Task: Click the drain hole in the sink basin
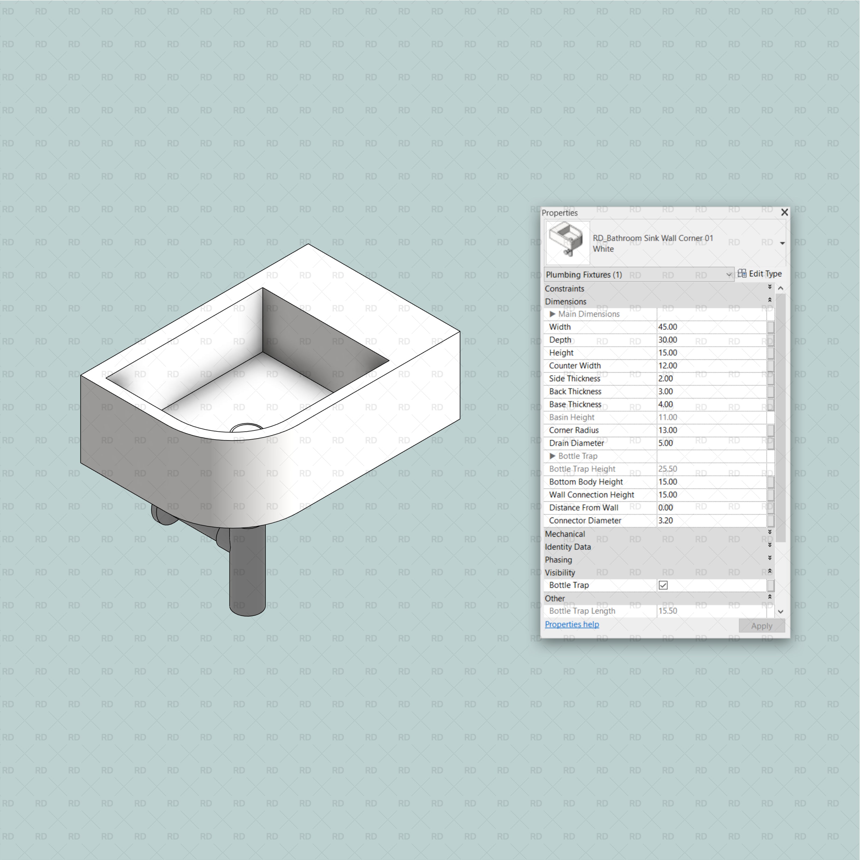tap(246, 428)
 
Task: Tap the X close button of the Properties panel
tap(784, 212)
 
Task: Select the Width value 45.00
tap(668, 327)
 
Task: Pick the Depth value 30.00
tap(668, 340)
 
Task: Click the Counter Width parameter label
tap(575, 365)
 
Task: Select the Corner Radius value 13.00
tap(668, 430)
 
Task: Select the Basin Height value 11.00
tap(668, 417)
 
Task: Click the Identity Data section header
tap(568, 547)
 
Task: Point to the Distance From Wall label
tap(583, 507)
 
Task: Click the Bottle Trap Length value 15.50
tap(668, 611)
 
